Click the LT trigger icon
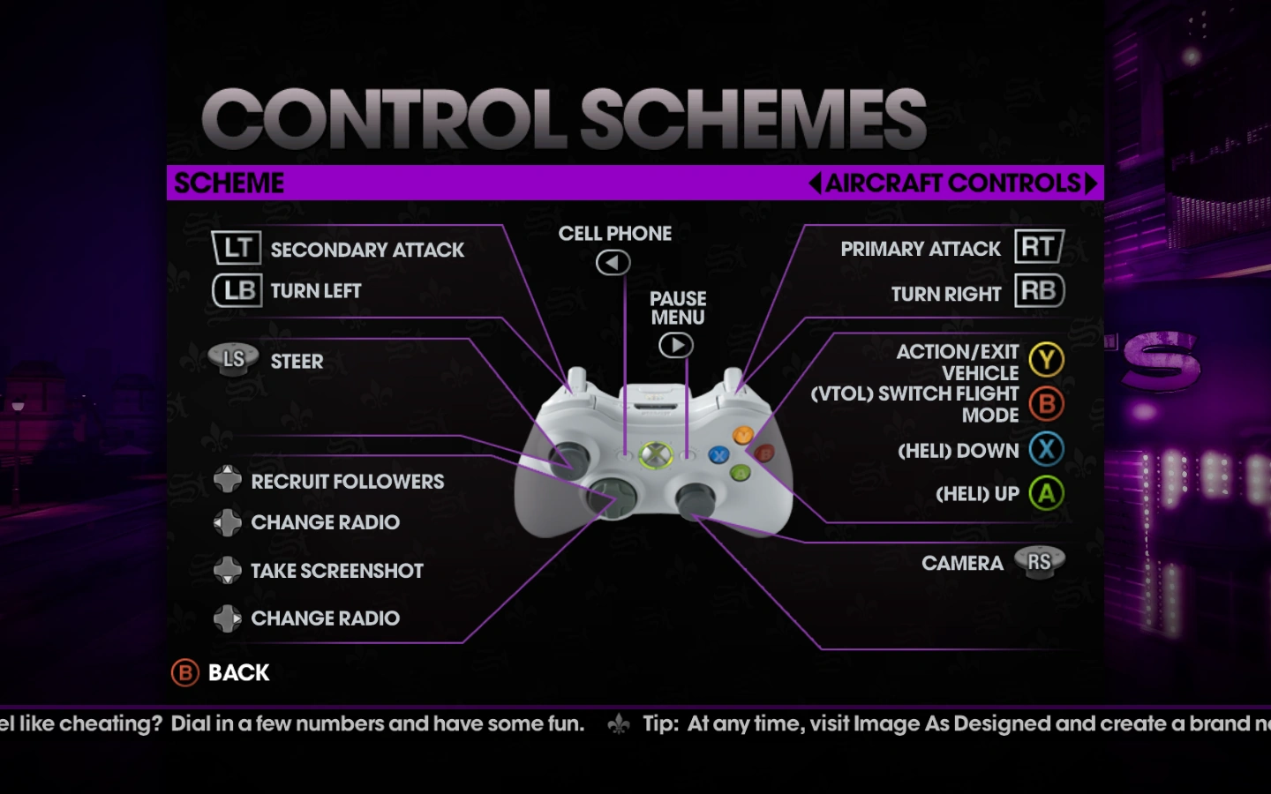tap(237, 248)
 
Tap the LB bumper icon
tap(237, 290)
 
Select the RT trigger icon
tap(1039, 247)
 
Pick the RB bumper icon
tap(1039, 290)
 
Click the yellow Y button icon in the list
tap(1046, 360)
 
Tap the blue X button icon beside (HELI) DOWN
tap(1046, 449)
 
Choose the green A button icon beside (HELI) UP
tap(1046, 493)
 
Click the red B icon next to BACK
tap(185, 673)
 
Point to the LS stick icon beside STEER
tap(233, 359)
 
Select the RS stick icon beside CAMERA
tap(1039, 561)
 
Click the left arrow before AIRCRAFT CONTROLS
tap(815, 183)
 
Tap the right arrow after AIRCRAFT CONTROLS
tap(1092, 183)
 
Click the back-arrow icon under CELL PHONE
tap(613, 262)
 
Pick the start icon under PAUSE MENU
tap(676, 345)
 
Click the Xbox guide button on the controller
tap(655, 455)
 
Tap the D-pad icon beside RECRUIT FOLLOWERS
tap(228, 481)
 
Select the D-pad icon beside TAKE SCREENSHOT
tap(228, 570)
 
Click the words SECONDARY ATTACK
tap(367, 250)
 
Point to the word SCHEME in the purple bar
tap(229, 183)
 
